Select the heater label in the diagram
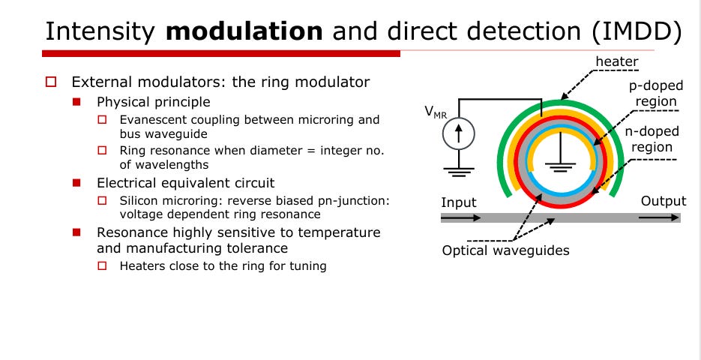click(617, 61)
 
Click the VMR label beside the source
click(436, 112)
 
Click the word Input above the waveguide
click(458, 202)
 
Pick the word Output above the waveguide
click(663, 201)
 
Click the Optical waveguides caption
click(506, 250)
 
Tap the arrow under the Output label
click(658, 217)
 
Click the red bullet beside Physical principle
click(76, 101)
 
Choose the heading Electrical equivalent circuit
click(185, 182)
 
